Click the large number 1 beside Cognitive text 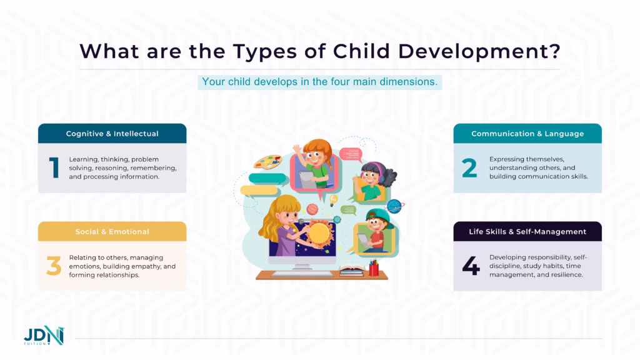(54, 168)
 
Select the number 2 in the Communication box (469, 168)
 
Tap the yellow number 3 (54, 266)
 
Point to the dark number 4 (471, 266)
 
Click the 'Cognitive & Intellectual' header (112, 134)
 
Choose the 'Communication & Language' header (527, 134)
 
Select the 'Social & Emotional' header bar (112, 232)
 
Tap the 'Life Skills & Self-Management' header (527, 232)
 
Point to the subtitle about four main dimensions (319, 82)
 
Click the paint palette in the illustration (267, 162)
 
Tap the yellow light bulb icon (334, 199)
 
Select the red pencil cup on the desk (374, 268)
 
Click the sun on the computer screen (319, 234)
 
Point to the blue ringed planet (394, 206)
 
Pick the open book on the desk (351, 271)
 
